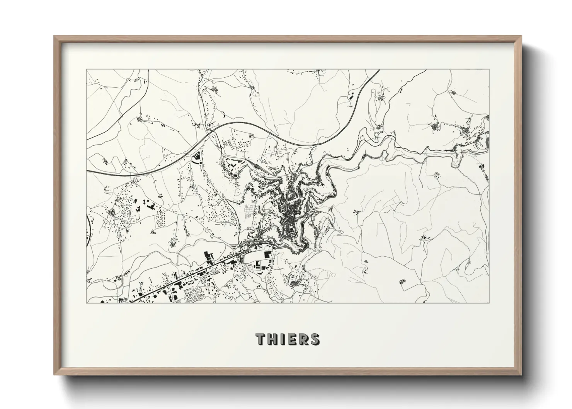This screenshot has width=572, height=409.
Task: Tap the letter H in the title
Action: point(272,339)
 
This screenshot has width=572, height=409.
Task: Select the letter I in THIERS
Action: point(281,339)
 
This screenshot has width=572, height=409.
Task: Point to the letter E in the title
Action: point(290,339)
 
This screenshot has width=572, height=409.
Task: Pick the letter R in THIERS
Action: point(302,339)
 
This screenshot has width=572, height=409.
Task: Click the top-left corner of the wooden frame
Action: point(54,36)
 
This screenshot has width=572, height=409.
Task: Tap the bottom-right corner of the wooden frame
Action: point(521,375)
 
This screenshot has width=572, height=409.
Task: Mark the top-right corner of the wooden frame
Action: point(521,36)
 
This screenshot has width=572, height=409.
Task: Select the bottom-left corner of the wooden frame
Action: point(54,375)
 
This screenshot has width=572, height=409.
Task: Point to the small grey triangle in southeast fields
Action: point(366,262)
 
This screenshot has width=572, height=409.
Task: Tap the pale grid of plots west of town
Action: point(250,211)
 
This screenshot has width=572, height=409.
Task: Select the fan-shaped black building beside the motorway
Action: point(196,157)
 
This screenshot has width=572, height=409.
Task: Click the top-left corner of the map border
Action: point(86,70)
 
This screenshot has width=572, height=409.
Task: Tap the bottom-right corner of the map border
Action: point(489,303)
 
